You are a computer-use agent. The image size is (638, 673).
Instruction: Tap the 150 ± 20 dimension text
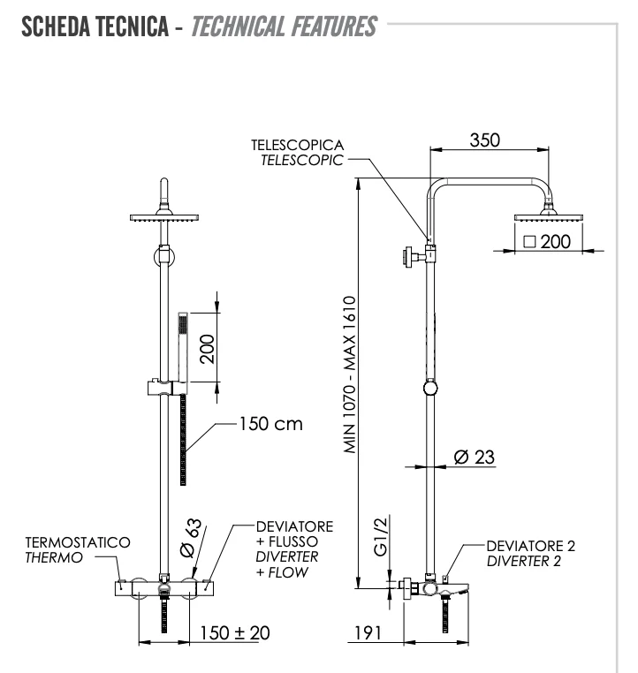(233, 632)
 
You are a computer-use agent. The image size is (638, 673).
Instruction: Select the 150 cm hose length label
(270, 424)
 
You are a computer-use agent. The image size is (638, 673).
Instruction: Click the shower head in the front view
(163, 215)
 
